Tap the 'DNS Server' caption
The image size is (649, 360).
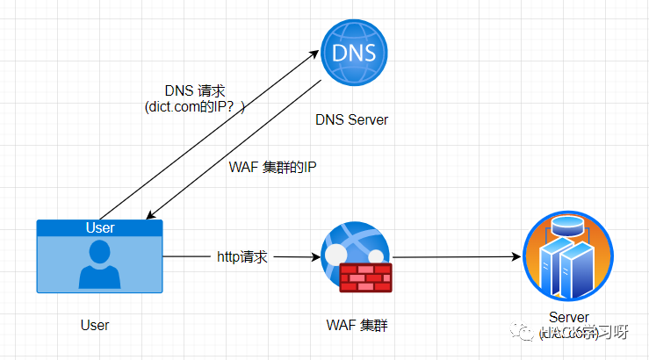(x=351, y=119)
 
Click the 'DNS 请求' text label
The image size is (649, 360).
(x=195, y=90)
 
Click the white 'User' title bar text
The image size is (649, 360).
(x=99, y=228)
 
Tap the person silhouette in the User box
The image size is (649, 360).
(x=99, y=265)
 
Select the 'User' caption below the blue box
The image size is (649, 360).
(x=95, y=325)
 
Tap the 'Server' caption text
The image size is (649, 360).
(x=569, y=317)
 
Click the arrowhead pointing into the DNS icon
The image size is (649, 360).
(x=317, y=54)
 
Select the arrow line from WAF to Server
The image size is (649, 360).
(x=452, y=257)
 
